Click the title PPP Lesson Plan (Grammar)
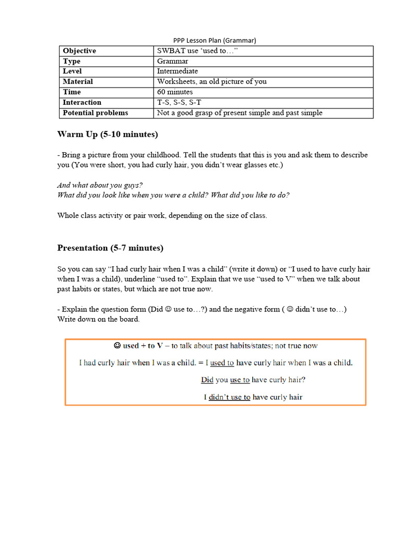pyautogui.click(x=215, y=40)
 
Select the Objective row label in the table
pyautogui.click(x=79, y=51)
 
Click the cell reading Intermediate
pyautogui.click(x=178, y=71)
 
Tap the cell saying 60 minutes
pyautogui.click(x=175, y=92)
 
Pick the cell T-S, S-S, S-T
pyautogui.click(x=179, y=102)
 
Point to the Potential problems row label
pyautogui.click(x=96, y=113)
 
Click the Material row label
pyautogui.click(x=78, y=81)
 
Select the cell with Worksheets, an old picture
pyautogui.click(x=212, y=81)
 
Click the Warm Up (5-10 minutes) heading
pyautogui.click(x=108, y=135)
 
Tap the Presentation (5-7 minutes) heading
pyautogui.click(x=110, y=248)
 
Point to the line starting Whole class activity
pyautogui.click(x=162, y=215)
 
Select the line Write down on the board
pyautogui.click(x=99, y=319)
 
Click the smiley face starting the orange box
pyautogui.click(x=117, y=346)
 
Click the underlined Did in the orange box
pyautogui.click(x=207, y=380)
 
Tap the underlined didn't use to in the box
pyautogui.click(x=229, y=397)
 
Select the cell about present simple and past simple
pyautogui.click(x=240, y=113)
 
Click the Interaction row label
pyautogui.click(x=82, y=102)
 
